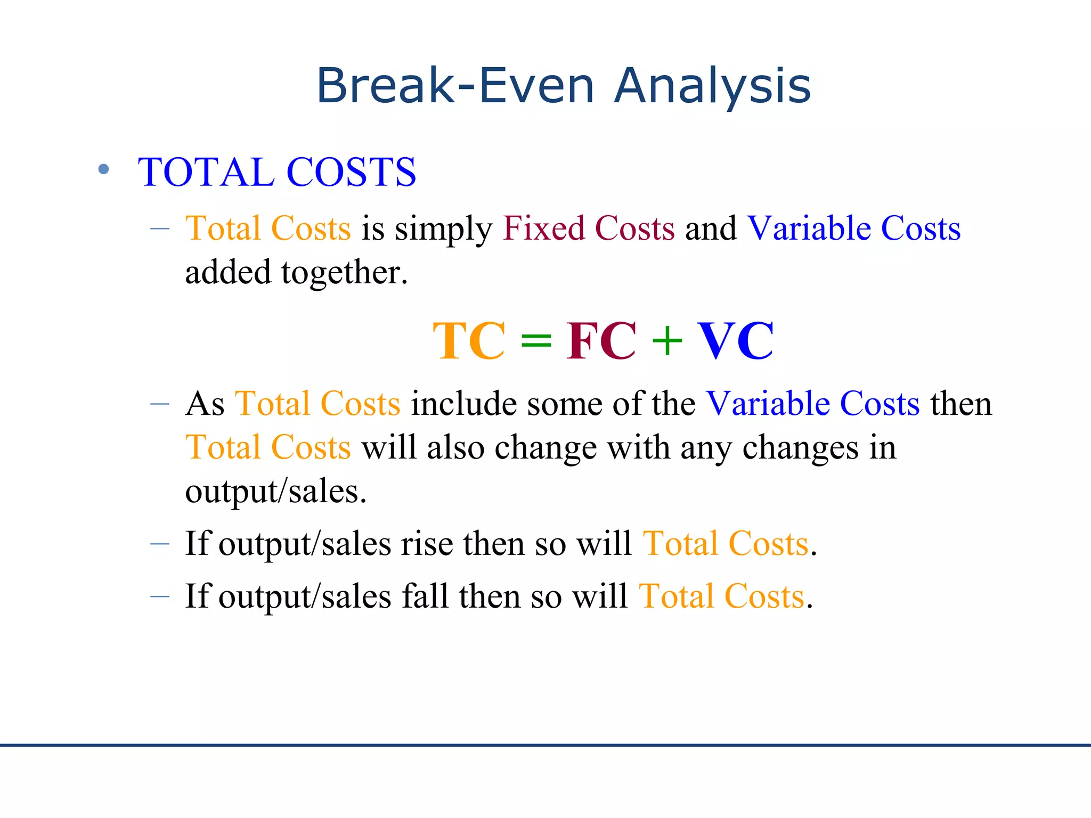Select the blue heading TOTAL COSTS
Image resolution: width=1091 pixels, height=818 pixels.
tap(276, 173)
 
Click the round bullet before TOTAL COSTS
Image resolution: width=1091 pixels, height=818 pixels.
tap(104, 170)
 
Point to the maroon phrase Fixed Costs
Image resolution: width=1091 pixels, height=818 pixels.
tap(589, 229)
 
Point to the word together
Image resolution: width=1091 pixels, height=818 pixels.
tap(344, 273)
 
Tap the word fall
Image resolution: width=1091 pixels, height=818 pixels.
tap(425, 596)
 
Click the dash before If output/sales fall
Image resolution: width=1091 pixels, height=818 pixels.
tap(160, 597)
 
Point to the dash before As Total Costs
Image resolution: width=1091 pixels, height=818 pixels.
tap(160, 404)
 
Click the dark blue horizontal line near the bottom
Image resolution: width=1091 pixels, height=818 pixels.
tap(545, 745)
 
